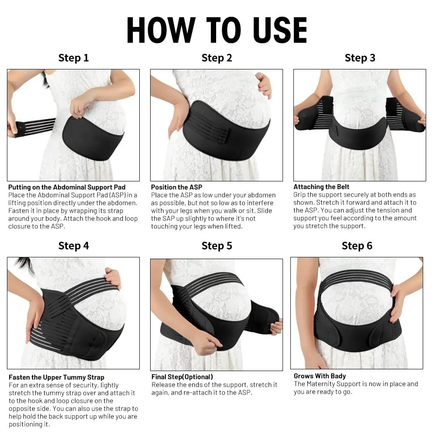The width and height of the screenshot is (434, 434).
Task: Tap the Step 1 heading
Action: tap(73, 58)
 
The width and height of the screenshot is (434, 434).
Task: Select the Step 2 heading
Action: tap(217, 58)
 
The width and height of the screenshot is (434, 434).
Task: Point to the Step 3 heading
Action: tap(360, 58)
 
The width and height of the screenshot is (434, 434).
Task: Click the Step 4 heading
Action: tap(73, 246)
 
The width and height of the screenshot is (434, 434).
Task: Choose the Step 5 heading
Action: tap(217, 246)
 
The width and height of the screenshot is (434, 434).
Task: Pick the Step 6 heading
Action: tap(357, 246)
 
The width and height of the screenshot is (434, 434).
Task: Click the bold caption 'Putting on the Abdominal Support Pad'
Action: tap(67, 187)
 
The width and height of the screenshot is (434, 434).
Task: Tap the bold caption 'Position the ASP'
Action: tap(176, 187)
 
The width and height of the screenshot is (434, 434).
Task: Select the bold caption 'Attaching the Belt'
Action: tap(321, 187)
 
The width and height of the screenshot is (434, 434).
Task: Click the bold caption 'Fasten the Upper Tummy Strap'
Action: tap(56, 377)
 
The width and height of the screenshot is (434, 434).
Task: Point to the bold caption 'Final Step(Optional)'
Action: tap(182, 377)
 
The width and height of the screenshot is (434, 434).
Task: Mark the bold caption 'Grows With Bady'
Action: tap(319, 376)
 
